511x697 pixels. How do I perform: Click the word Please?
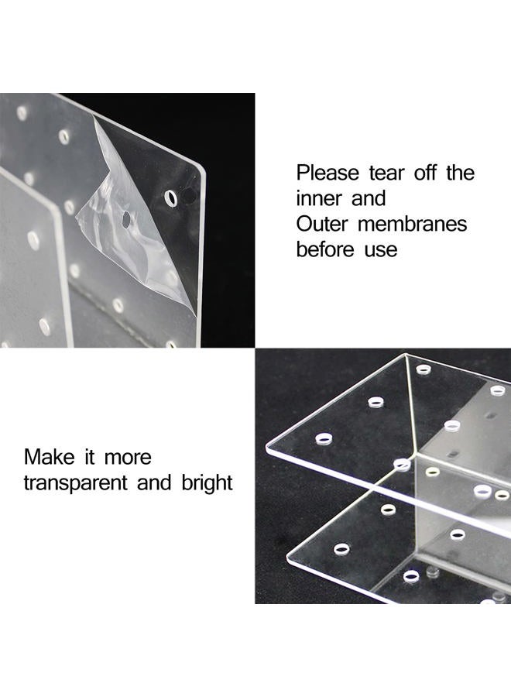click(328, 173)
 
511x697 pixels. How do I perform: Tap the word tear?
click(386, 173)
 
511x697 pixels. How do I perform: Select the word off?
click(424, 173)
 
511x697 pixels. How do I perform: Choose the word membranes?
click(413, 224)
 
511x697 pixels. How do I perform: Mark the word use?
click(381, 251)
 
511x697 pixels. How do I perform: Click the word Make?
click(50, 457)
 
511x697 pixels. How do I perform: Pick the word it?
click(89, 457)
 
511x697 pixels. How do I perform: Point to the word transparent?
click(76, 483)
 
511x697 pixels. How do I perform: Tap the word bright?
click(207, 483)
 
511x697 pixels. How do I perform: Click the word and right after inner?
click(369, 198)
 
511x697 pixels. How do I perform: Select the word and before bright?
click(154, 482)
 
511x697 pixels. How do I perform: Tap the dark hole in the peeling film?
click(126, 218)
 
